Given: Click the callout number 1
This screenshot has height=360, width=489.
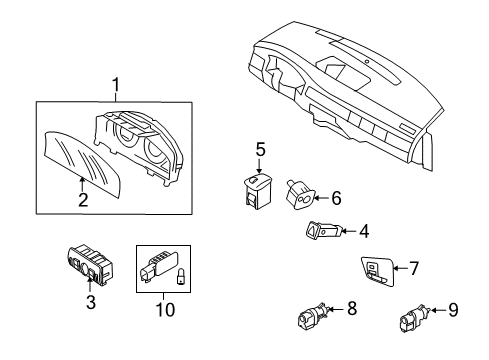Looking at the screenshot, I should (116, 87).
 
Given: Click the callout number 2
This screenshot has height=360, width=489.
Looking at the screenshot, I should (83, 200).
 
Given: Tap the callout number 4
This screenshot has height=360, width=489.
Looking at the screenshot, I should (364, 233).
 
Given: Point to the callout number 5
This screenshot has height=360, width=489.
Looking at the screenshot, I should (260, 150).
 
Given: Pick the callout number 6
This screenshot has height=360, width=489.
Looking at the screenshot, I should (336, 199).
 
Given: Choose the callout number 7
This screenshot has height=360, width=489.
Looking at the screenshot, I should (414, 269).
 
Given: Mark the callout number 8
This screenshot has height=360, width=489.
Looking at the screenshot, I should (352, 308).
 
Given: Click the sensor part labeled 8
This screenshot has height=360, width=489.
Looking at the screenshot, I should (311, 319).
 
